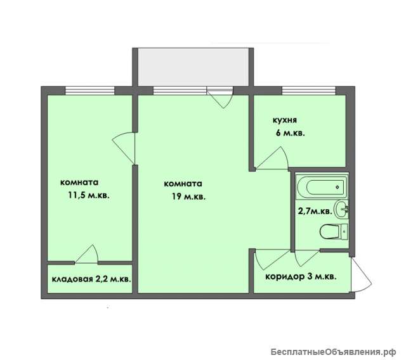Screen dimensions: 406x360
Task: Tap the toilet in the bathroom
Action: (334, 232)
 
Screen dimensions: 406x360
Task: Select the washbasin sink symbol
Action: (341, 209)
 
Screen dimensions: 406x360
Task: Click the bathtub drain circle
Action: (337, 187)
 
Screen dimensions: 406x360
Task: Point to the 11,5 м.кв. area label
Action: (89, 195)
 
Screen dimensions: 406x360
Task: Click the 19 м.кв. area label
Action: (189, 196)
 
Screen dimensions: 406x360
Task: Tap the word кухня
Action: (285, 120)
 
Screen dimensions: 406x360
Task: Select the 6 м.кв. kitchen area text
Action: (291, 134)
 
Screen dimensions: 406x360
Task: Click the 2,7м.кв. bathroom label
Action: (315, 211)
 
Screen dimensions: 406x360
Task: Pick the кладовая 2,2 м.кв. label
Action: (91, 280)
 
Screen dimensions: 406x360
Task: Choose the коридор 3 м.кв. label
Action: (301, 277)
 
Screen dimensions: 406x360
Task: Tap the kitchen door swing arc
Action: (272, 158)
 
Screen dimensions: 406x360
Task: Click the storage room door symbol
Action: (86, 254)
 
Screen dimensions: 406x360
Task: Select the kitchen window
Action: (309, 90)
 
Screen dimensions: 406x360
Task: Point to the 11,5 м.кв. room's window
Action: (89, 90)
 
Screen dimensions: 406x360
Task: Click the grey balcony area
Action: (193, 67)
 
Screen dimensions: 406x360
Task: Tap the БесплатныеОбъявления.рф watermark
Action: (334, 352)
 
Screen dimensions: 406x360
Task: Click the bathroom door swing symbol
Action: (307, 258)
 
